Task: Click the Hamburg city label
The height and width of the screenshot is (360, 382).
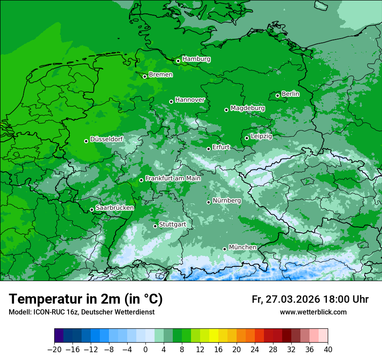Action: (196, 59)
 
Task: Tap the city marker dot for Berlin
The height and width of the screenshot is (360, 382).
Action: (277, 95)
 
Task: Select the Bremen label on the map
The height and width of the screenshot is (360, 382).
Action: (161, 75)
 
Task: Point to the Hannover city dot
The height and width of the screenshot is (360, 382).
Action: (171, 101)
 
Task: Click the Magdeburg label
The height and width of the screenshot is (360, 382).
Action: (247, 108)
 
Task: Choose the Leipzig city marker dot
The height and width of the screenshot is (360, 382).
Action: (247, 138)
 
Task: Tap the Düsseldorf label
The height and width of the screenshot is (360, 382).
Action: (106, 139)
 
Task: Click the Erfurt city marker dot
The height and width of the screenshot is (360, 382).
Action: (208, 149)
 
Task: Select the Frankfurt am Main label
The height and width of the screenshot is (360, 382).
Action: (173, 178)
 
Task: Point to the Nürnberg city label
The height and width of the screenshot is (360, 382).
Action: (227, 201)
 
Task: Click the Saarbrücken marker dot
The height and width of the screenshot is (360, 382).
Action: (92, 209)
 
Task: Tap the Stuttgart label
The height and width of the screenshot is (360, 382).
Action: (172, 225)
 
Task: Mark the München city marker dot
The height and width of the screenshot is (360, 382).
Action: (224, 249)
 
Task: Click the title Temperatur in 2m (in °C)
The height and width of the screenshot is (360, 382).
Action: (86, 299)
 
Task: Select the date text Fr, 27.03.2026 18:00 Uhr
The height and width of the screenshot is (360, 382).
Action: (310, 299)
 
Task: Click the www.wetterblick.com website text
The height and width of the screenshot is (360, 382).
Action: (313, 312)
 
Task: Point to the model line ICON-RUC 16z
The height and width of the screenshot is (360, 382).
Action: (81, 312)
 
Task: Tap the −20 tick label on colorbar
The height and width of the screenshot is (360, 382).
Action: (54, 350)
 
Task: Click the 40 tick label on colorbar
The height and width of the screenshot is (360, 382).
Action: (328, 350)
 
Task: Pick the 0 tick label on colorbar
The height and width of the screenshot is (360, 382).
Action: (145, 350)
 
